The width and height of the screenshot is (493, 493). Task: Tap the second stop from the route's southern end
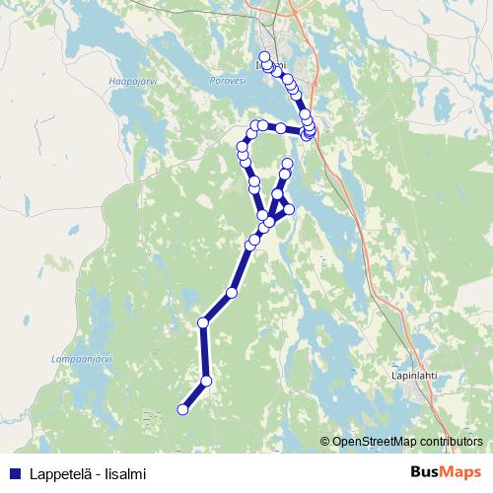coord(206,381)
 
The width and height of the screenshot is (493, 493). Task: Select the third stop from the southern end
coord(203,322)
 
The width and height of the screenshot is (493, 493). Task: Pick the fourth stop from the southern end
coord(232,292)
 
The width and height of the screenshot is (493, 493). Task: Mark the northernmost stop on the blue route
coord(264,56)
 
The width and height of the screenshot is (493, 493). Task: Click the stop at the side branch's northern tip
coord(288,164)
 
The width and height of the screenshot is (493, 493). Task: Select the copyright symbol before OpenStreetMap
coord(325,441)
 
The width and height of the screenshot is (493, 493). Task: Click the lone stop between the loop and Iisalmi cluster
coord(281,129)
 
